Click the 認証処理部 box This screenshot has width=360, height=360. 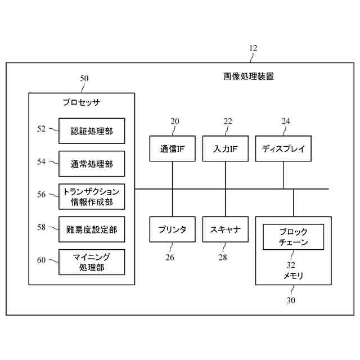pyautogui.click(x=92, y=131)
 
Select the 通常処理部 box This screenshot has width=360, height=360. pyautogui.click(x=92, y=164)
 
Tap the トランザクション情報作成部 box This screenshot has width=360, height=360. pyautogui.click(x=92, y=196)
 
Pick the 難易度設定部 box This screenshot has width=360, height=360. pyautogui.click(x=92, y=229)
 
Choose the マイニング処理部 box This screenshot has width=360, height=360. pyautogui.click(x=92, y=262)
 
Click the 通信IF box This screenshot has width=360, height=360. pyautogui.click(x=173, y=149)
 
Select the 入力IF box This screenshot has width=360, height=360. pyautogui.click(x=226, y=149)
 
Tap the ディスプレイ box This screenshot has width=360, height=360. pyautogui.click(x=283, y=149)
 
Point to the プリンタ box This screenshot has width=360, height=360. pyautogui.click(x=173, y=229)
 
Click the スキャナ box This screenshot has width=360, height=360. pyautogui.click(x=226, y=229)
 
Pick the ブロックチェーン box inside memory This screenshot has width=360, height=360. pyautogui.click(x=294, y=237)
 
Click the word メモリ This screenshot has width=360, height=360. pyautogui.click(x=293, y=276)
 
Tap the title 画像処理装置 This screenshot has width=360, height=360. pyautogui.click(x=249, y=76)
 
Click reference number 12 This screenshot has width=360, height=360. pyautogui.click(x=253, y=48)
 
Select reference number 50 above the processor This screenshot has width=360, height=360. pyautogui.click(x=84, y=79)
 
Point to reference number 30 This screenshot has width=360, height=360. pyautogui.click(x=291, y=300)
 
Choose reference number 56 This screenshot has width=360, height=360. pyautogui.click(x=42, y=194)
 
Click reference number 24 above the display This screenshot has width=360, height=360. pyautogui.click(x=286, y=121)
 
